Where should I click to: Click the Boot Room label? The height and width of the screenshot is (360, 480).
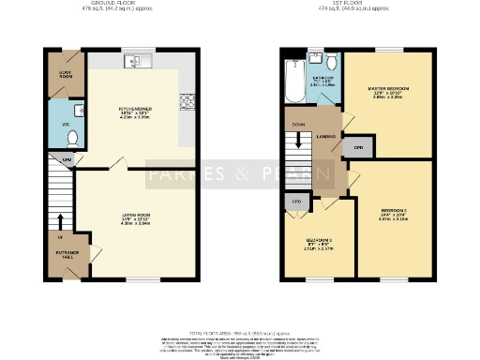(x=64, y=73)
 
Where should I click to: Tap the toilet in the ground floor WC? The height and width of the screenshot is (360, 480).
(x=73, y=137)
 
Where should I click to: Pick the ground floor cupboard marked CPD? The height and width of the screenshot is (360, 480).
(x=67, y=160)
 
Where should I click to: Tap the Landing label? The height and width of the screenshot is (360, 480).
(x=326, y=137)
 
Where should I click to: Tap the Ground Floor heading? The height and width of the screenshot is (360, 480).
(x=118, y=5)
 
